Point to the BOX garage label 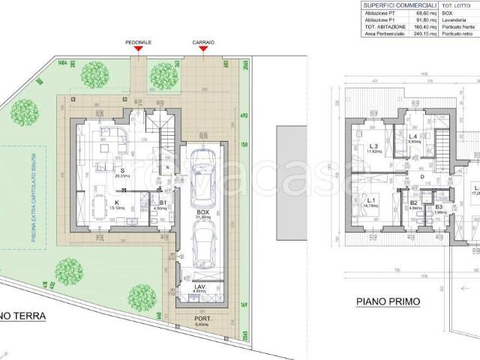(x=202, y=212)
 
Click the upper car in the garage (x=202, y=178)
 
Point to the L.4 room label (x=413, y=136)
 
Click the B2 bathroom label (x=413, y=202)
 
